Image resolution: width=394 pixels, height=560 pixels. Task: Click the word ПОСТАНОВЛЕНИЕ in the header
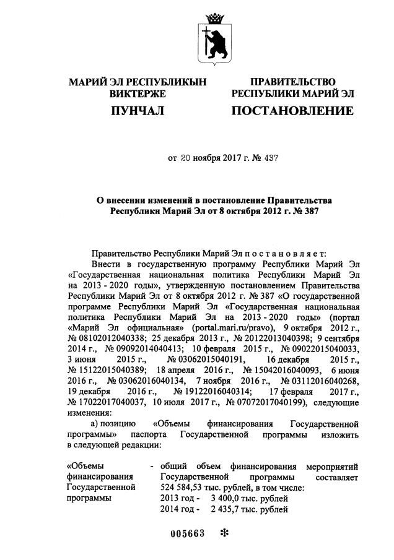[x=292, y=111]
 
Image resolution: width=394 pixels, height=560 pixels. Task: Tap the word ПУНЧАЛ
[x=137, y=111]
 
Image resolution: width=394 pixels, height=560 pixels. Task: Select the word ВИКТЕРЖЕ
[x=138, y=94]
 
